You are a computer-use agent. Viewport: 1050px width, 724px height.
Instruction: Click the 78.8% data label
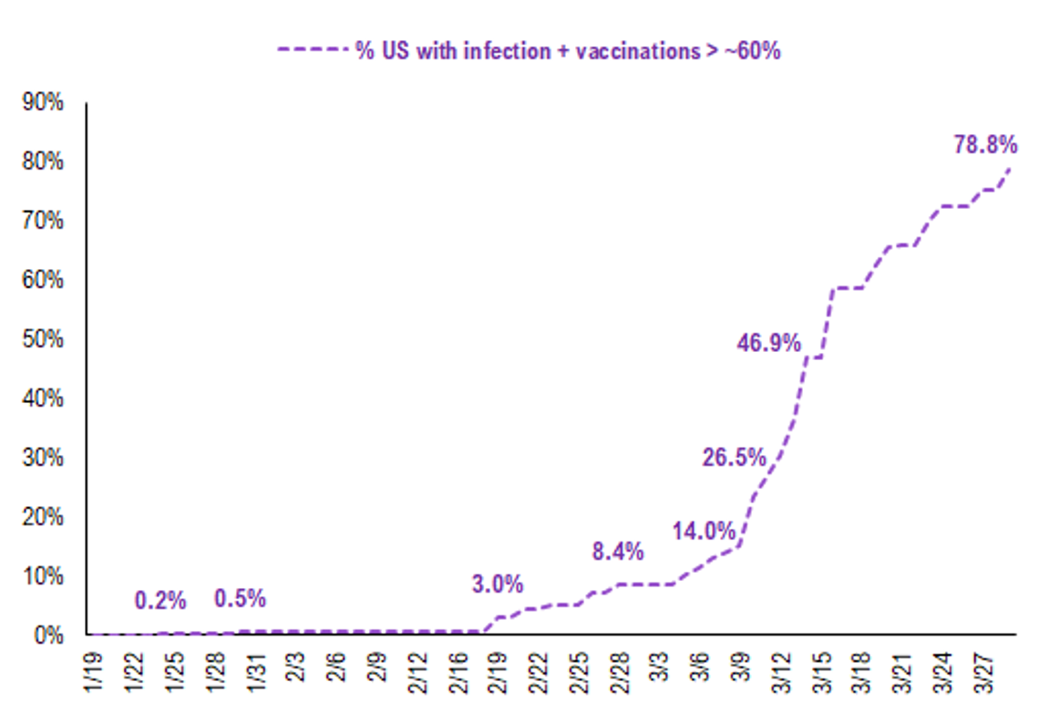pyautogui.click(x=985, y=145)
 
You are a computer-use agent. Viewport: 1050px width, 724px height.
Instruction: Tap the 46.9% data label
pyautogui.click(x=769, y=344)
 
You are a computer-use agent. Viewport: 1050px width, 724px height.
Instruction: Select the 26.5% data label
pyautogui.click(x=734, y=458)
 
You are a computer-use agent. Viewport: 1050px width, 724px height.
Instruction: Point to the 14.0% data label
pyautogui.click(x=704, y=531)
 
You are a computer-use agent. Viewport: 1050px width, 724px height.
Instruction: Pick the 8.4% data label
pyautogui.click(x=617, y=552)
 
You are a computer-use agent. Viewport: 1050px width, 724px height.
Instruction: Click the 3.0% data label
pyautogui.click(x=498, y=584)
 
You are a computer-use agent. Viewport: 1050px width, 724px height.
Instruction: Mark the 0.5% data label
pyautogui.click(x=240, y=599)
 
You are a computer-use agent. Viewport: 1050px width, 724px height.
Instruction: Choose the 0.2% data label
pyautogui.click(x=160, y=600)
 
